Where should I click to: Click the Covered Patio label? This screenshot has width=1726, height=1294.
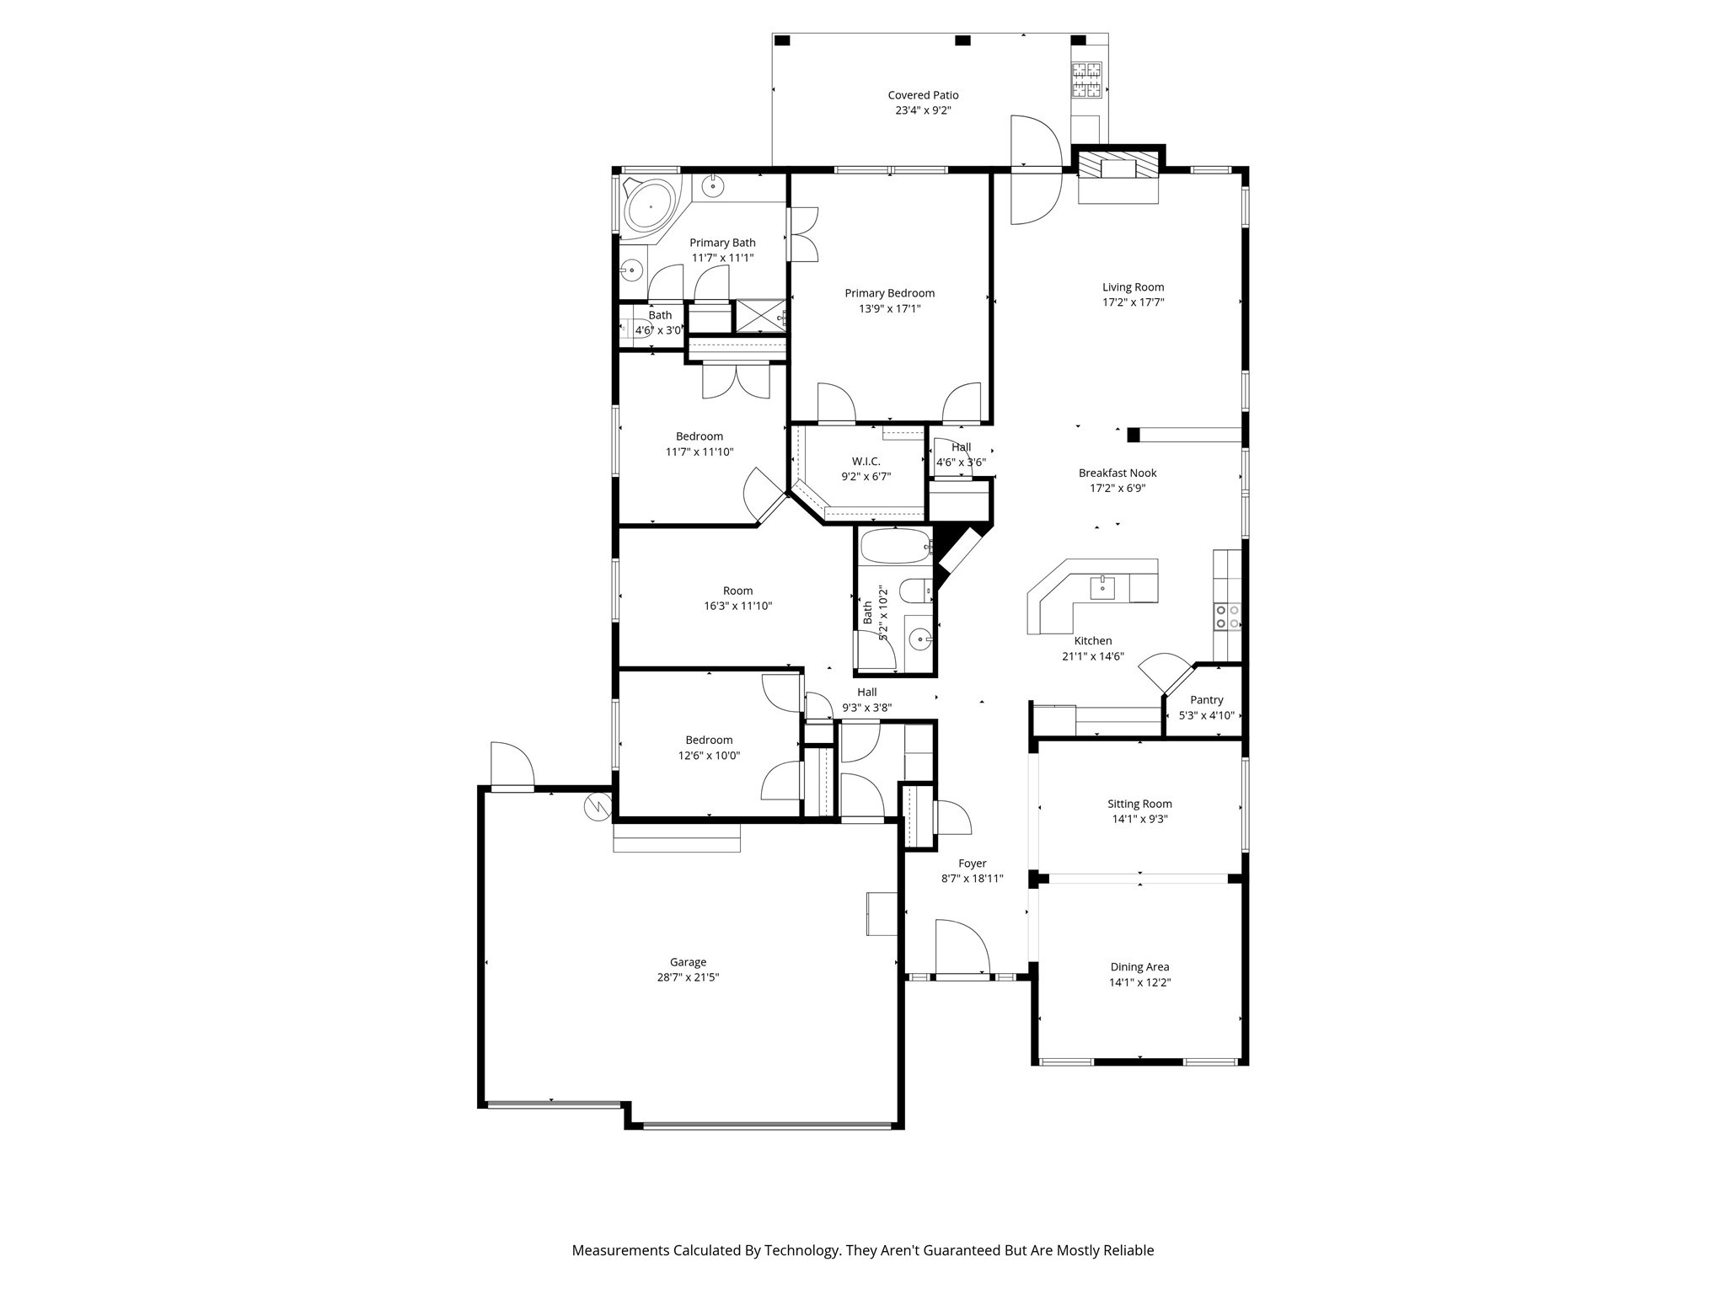923,95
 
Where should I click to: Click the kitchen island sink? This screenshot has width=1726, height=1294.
1102,587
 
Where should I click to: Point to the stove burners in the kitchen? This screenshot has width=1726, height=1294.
1226,617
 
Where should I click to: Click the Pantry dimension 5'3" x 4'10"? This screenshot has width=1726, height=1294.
1206,715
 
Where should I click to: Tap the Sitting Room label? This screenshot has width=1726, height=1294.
1139,804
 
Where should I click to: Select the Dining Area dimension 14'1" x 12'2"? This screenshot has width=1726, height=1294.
1139,982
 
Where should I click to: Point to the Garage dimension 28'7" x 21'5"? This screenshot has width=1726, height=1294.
688,977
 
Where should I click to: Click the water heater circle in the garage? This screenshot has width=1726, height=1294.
598,807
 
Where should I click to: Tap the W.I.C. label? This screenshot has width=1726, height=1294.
866,461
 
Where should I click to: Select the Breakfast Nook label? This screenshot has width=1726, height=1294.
1118,473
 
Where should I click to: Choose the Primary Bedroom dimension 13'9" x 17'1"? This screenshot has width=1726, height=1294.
889,308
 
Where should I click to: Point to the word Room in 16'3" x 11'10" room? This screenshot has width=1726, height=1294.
737,591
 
